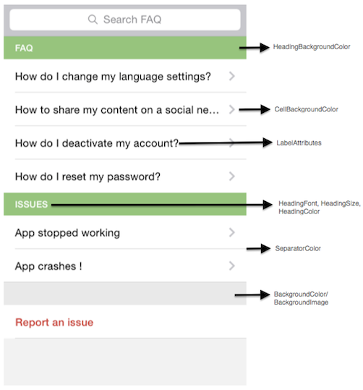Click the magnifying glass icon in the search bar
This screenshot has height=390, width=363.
click(x=93, y=19)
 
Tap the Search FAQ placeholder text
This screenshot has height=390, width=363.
click(x=132, y=20)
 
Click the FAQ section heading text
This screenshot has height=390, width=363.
click(x=24, y=48)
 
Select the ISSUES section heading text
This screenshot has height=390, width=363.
click(x=31, y=205)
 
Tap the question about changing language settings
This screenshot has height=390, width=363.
click(x=113, y=77)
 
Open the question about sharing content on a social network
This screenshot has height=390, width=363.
click(x=117, y=110)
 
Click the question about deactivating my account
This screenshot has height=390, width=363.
click(x=97, y=143)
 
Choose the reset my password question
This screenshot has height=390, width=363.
click(x=87, y=177)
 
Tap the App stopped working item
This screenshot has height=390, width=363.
click(x=67, y=233)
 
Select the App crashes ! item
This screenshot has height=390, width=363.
click(x=48, y=266)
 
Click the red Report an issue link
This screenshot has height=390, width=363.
click(x=54, y=323)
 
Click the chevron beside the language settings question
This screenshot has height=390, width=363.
click(x=231, y=76)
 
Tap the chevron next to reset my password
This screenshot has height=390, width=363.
click(x=231, y=177)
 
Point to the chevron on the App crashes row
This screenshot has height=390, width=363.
click(x=231, y=266)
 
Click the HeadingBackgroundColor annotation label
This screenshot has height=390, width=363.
click(x=312, y=47)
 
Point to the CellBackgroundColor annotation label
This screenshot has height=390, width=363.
click(x=306, y=109)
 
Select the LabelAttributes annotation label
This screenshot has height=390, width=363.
click(x=299, y=143)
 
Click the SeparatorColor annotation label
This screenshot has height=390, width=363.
click(x=298, y=248)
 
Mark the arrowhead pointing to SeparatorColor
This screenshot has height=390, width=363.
click(x=265, y=248)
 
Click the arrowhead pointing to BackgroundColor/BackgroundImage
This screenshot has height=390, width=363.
click(x=265, y=295)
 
